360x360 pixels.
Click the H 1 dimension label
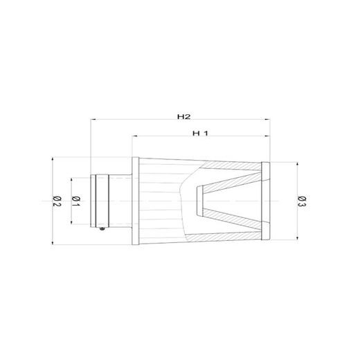click(199, 133)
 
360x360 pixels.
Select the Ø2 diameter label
click(57, 201)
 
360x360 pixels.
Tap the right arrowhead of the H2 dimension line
click(267, 121)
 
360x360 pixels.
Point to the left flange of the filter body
click(136, 201)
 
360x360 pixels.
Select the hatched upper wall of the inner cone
click(228, 179)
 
